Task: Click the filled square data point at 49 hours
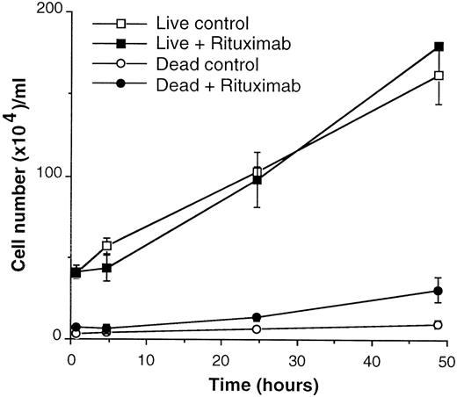click(x=439, y=47)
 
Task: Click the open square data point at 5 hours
click(x=107, y=246)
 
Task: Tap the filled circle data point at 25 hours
click(x=257, y=317)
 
